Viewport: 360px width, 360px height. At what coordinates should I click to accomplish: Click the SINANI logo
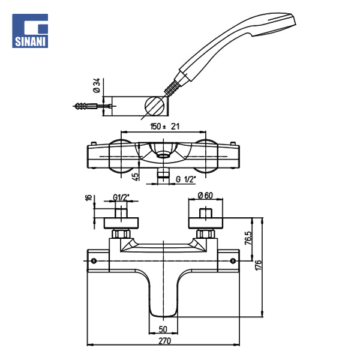[30, 31]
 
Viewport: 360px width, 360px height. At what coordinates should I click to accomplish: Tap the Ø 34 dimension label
[97, 85]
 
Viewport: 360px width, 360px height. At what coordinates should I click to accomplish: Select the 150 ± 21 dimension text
[164, 127]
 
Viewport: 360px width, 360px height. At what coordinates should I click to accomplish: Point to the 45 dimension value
[136, 176]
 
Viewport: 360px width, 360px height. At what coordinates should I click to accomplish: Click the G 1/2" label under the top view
[186, 179]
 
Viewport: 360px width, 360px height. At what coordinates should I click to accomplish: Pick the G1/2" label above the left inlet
[121, 197]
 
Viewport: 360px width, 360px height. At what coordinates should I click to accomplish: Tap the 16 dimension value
[89, 197]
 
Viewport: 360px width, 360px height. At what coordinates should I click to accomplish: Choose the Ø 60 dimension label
[205, 196]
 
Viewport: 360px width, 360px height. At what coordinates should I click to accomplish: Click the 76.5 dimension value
[248, 238]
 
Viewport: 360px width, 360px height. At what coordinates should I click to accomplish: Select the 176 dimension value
[258, 265]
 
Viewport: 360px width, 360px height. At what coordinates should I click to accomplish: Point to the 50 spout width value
[163, 329]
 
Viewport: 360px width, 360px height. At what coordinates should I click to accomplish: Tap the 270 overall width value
[165, 341]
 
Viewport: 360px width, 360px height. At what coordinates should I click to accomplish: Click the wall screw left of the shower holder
[92, 106]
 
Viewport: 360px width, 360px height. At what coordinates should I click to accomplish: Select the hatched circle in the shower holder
[155, 106]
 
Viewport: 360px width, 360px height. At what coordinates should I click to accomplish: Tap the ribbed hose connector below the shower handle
[171, 88]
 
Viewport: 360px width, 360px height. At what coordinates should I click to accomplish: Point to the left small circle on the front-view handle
[94, 261]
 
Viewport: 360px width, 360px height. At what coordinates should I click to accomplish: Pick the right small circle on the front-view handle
[233, 261]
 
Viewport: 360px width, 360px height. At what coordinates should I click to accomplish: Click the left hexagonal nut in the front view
[121, 234]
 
